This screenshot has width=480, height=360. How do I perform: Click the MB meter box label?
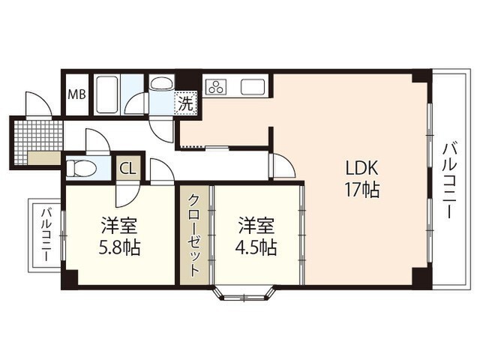click(76, 94)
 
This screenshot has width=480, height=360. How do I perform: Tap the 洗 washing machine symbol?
click(185, 103)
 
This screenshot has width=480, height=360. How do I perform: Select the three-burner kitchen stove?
click(217, 86)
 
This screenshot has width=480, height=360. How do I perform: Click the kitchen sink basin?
click(253, 87)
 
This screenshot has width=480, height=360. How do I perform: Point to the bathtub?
click(106, 94)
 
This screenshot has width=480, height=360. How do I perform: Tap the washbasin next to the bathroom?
click(162, 83)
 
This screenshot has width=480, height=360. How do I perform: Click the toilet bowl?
click(82, 169)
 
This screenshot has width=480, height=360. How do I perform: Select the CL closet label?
click(128, 168)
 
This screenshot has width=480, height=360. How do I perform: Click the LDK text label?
click(361, 168)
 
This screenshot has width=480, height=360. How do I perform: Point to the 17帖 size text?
click(362, 190)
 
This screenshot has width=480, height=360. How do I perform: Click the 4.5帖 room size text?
click(256, 247)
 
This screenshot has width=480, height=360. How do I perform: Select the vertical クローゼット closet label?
click(194, 235)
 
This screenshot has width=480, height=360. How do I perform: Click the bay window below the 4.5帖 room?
click(244, 293)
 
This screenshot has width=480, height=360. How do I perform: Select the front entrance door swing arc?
click(39, 103)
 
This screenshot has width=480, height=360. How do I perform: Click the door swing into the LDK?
click(284, 165)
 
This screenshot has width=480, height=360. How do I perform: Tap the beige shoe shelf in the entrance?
click(44, 158)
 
